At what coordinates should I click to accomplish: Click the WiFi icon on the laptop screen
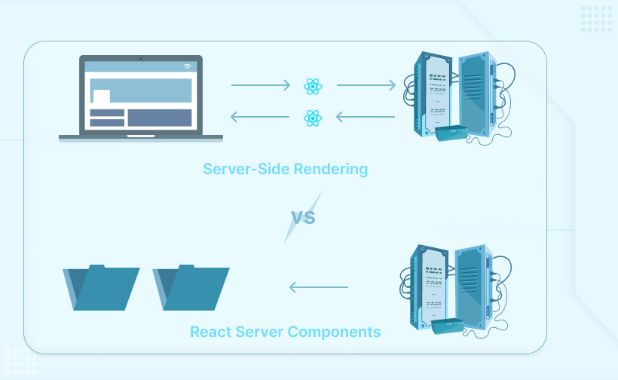(187, 67)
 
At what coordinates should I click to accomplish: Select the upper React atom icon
(313, 86)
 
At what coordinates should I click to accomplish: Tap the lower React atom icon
(313, 117)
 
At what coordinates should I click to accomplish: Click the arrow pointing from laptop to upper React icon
(260, 86)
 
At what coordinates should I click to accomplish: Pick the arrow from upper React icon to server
(366, 86)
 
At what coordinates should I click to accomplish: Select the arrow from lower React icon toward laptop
(260, 117)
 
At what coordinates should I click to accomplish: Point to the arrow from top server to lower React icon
(366, 117)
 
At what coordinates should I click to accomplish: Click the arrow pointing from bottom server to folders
(319, 287)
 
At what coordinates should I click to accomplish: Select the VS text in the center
(303, 218)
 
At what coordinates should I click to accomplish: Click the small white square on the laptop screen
(100, 96)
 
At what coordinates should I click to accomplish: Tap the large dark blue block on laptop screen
(159, 118)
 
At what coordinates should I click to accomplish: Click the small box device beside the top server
(452, 133)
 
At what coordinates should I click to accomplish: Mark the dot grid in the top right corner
(596, 19)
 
